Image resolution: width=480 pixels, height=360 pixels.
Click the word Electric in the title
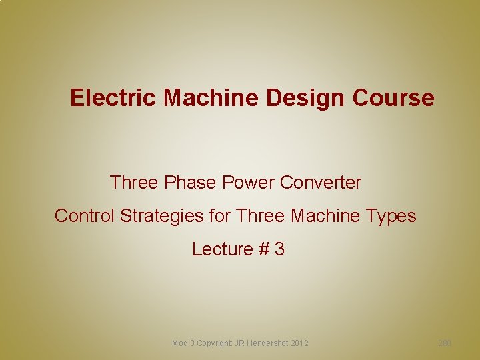[x=114, y=98]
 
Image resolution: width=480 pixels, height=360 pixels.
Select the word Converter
[x=323, y=182]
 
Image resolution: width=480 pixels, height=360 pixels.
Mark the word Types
[x=393, y=216]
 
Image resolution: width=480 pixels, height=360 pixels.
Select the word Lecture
[x=222, y=249]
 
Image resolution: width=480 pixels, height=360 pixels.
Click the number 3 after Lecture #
[x=279, y=249]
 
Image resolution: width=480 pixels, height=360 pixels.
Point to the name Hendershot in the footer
[x=268, y=343]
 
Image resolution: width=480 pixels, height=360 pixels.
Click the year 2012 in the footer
[x=299, y=343]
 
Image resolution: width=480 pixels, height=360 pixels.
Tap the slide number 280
[x=445, y=343]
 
